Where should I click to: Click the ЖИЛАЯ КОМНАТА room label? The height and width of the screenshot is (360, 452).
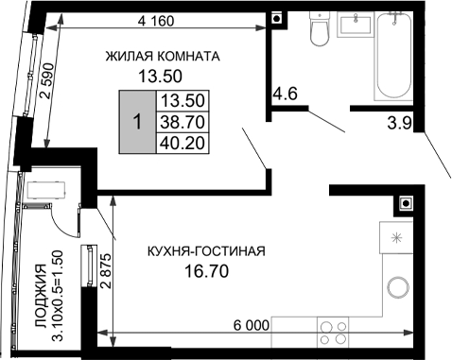tap(163, 56)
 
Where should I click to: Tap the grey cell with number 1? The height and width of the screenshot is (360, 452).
tap(137, 122)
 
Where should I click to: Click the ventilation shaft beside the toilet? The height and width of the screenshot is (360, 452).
tap(275, 17)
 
